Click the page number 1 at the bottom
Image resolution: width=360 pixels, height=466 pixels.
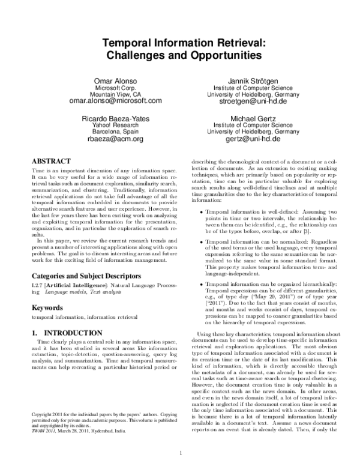(x=181, y=444)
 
